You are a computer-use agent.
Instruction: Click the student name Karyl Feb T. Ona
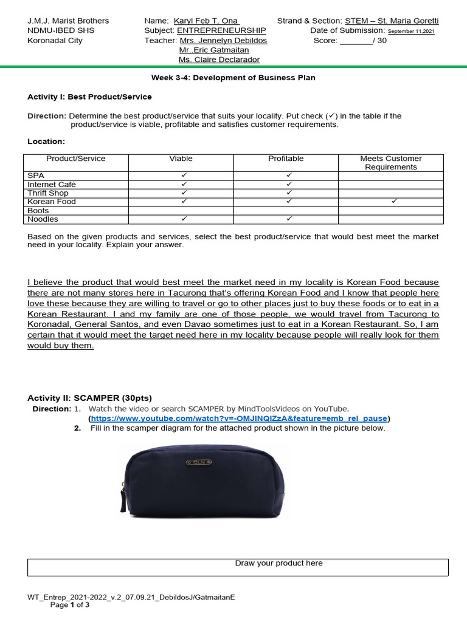click(x=206, y=21)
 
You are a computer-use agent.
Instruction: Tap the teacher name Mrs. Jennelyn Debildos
click(x=223, y=40)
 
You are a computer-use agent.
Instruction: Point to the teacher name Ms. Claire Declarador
click(x=219, y=60)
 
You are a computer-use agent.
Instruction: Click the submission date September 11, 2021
click(x=411, y=31)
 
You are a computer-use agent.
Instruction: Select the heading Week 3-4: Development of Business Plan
click(x=233, y=78)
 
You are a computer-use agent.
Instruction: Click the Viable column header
click(x=181, y=159)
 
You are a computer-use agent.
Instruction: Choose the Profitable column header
click(x=286, y=159)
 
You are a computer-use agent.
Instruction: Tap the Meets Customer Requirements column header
click(x=390, y=163)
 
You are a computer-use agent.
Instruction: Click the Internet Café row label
click(x=52, y=184)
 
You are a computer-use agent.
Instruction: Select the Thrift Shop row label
click(x=48, y=193)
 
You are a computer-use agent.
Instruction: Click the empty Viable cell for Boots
click(x=181, y=210)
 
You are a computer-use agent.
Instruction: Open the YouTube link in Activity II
click(x=240, y=419)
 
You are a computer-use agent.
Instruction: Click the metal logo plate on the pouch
click(x=199, y=463)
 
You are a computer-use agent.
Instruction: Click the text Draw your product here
click(x=279, y=563)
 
